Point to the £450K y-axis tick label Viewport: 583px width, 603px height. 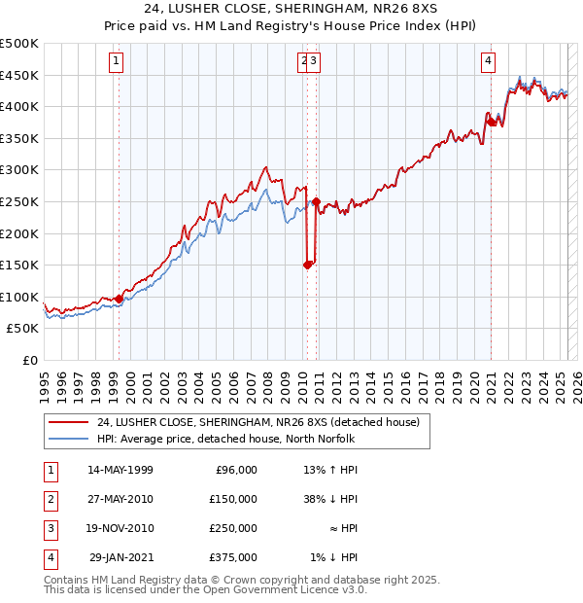[x=19, y=75]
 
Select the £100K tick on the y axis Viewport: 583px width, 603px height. [x=19, y=297]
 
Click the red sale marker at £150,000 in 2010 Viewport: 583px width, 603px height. [x=308, y=264]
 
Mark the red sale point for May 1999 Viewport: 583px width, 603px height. [x=119, y=299]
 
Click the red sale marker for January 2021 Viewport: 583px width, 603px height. [x=492, y=121]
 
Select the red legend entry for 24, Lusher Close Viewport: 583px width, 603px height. [x=257, y=422]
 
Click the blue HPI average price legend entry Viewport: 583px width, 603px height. [x=225, y=439]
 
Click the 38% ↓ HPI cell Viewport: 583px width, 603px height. [x=331, y=499]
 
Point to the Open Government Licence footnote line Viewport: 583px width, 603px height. [x=205, y=590]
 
